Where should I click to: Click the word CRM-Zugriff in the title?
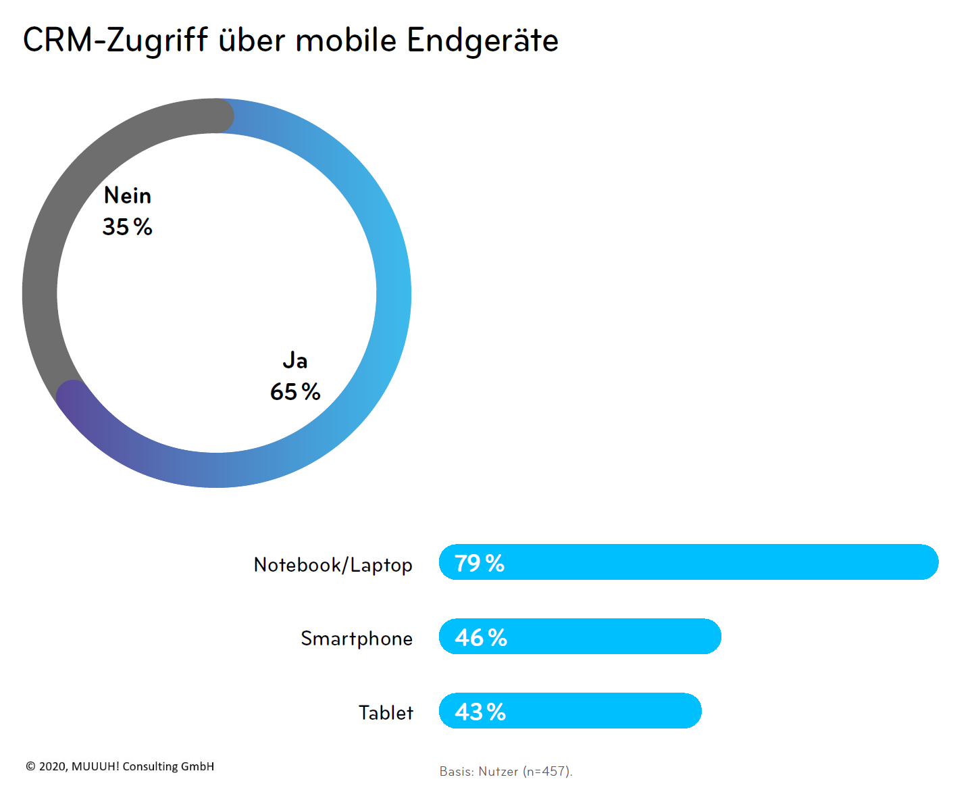(115, 41)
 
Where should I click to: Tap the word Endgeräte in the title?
(482, 41)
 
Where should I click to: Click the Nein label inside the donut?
(128, 196)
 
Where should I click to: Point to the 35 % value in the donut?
(128, 227)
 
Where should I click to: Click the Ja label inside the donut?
(295, 360)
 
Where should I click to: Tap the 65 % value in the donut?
(295, 392)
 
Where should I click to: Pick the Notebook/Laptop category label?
(333, 565)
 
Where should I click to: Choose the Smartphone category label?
(357, 639)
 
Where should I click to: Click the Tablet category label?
(386, 713)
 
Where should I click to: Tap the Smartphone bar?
(608, 637)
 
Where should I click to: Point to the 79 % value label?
(480, 564)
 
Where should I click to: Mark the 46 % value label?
(481, 638)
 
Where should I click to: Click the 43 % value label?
(480, 712)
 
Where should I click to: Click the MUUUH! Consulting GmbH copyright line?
(120, 766)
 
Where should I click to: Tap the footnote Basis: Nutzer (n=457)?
(506, 772)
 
